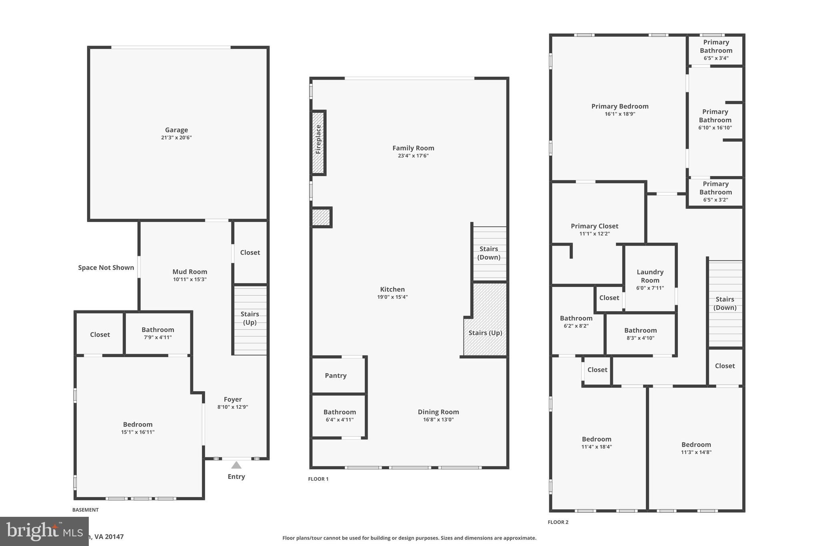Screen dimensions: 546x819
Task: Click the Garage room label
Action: coord(176,130)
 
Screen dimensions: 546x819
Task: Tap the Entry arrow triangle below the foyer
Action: coord(236,465)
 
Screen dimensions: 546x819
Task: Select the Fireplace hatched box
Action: coord(318,143)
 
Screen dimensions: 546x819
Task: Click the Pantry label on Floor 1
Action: coord(336,376)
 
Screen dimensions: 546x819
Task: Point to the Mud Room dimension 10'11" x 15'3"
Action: coord(190,280)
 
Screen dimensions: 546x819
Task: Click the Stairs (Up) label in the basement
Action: coord(250,318)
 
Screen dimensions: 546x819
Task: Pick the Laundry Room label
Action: coord(650,276)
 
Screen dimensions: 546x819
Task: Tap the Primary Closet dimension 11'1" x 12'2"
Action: coord(594,234)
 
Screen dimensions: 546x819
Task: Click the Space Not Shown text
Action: coord(106,268)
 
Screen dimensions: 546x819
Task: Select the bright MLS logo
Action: coord(44,531)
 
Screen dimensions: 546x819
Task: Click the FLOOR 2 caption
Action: coord(558,522)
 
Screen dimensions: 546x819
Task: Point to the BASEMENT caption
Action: coord(85,510)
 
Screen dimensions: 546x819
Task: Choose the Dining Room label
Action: coord(438,412)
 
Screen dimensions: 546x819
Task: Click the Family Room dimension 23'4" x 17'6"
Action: coord(413,156)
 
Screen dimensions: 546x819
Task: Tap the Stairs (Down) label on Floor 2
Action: coord(725,303)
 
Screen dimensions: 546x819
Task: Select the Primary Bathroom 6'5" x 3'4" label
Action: coord(716,50)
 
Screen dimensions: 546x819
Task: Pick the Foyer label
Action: coord(233,399)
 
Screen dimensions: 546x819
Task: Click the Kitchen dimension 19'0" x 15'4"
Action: coord(392,297)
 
